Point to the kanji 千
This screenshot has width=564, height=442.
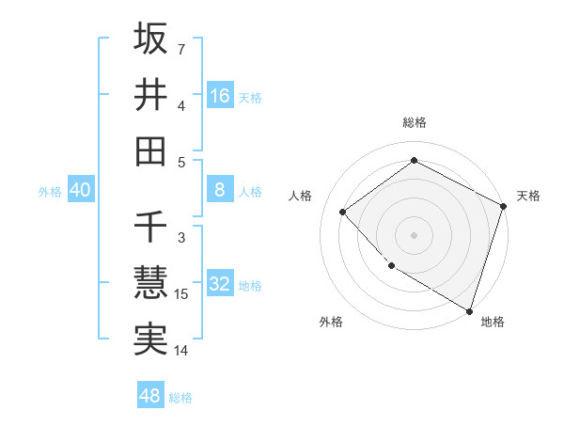[150, 228]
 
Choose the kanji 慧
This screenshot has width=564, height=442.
[150, 282]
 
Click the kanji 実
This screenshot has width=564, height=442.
[150, 339]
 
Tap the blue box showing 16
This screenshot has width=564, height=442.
[220, 95]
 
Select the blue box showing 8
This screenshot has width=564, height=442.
[220, 190]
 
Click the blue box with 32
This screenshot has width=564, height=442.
[220, 285]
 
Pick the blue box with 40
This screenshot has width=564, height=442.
[80, 190]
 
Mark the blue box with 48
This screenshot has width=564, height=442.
[150, 396]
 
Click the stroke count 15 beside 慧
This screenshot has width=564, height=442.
[181, 295]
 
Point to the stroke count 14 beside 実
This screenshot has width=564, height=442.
[181, 352]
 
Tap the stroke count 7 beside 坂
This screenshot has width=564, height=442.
[181, 48]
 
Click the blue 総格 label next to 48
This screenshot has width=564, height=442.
[180, 398]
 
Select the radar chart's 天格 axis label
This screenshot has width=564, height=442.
[528, 196]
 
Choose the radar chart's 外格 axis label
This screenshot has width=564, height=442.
[331, 323]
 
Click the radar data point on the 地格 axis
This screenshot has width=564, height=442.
[469, 308]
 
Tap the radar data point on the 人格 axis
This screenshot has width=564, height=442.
[343, 212]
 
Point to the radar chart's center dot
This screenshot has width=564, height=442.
[414, 234]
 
